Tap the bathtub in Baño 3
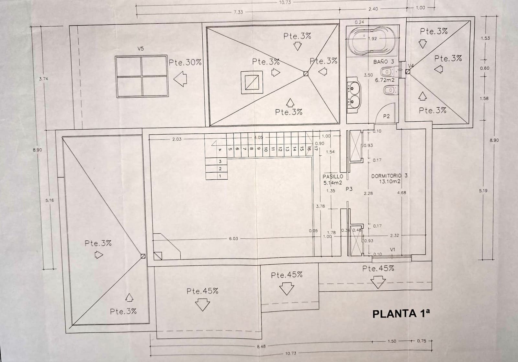pyautogui.click(x=371, y=41)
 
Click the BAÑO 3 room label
pyautogui.click(x=384, y=62)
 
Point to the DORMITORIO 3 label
pyautogui.click(x=389, y=176)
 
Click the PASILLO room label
pyautogui.click(x=333, y=176)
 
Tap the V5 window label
pyautogui.click(x=141, y=49)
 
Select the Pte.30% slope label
pyautogui.click(x=185, y=62)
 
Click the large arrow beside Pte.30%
pyautogui.click(x=180, y=79)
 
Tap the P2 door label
pyautogui.click(x=386, y=116)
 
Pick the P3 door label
pyautogui.click(x=349, y=189)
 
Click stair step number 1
pyautogui.click(x=220, y=176)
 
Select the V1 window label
pyautogui.click(x=393, y=249)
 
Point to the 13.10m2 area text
pyautogui.click(x=390, y=182)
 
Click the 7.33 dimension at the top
pyautogui.click(x=238, y=12)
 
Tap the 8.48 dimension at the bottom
pyautogui.click(x=261, y=346)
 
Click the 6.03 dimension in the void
pyautogui.click(x=233, y=238)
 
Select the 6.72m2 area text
pyautogui.click(x=385, y=80)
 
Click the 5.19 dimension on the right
pyautogui.click(x=483, y=191)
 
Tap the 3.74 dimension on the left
pyautogui.click(x=43, y=78)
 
